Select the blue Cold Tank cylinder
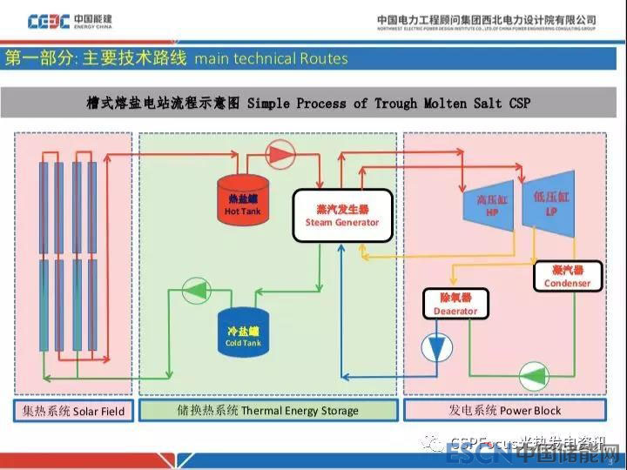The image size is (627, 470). point(243,332)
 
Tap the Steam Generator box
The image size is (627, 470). point(341,215)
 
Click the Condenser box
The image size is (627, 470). point(567,276)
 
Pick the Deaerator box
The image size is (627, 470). point(455,304)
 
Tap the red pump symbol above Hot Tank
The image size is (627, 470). point(280,154)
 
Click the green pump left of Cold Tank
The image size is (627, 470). point(196,292)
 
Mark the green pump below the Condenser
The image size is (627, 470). point(532,376)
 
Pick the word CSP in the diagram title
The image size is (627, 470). point(519,104)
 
